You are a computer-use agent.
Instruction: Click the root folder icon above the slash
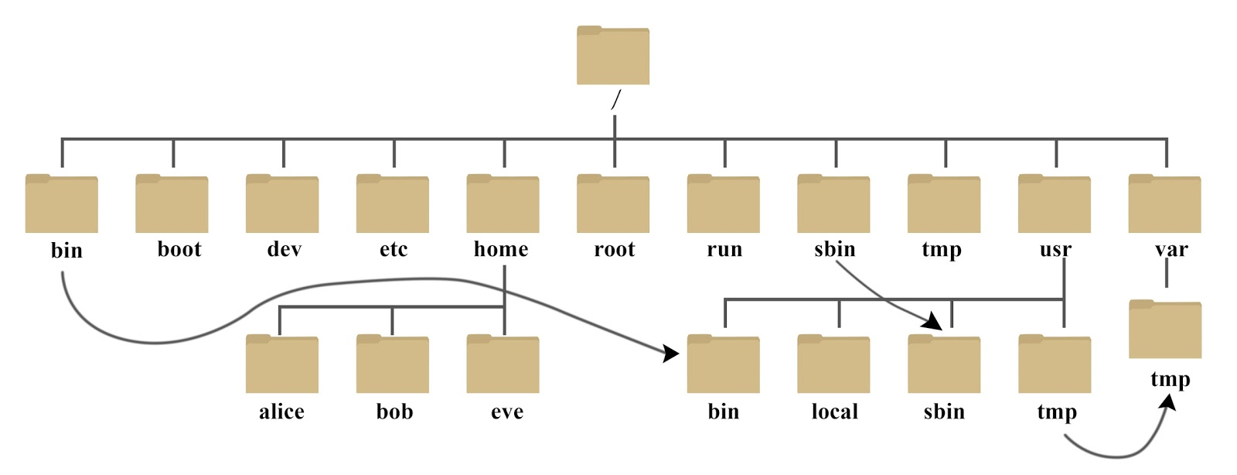pos(612,56)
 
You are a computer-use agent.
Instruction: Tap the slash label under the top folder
pos(615,101)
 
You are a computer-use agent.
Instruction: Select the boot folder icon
pos(172,204)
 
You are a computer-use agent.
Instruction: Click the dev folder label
pos(284,250)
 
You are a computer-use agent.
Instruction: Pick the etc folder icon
pos(392,204)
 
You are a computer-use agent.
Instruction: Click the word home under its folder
pos(501,249)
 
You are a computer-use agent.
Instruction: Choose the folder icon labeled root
pos(612,204)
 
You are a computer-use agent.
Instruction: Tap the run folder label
pos(724,250)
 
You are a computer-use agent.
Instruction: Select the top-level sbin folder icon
pos(833,204)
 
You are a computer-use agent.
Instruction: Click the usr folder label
pos(1055,250)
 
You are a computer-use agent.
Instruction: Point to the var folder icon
pos(1164,204)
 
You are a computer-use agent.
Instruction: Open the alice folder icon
pos(281,364)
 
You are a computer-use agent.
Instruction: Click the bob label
pos(394,412)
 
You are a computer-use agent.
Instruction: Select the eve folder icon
pos(503,364)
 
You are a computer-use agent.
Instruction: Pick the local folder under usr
pos(833,364)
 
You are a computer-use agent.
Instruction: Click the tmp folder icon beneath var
pos(1164,330)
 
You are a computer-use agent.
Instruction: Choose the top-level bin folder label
pos(66,251)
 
